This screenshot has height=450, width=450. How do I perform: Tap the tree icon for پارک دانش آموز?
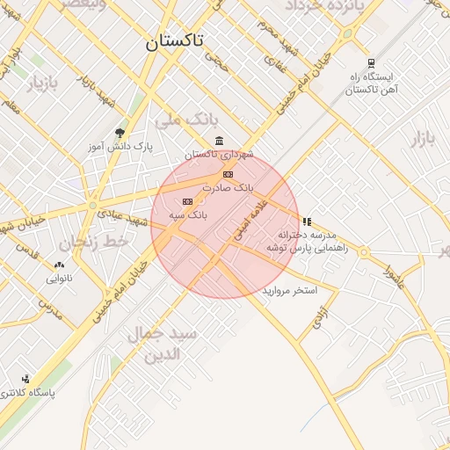tap(120, 133)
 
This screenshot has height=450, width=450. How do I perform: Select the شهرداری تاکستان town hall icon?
tap(219, 142)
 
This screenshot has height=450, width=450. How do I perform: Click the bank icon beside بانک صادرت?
tap(228, 174)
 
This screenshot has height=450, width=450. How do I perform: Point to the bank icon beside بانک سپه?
tap(186, 201)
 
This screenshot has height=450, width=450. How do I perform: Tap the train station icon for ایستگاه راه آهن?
tap(372, 63)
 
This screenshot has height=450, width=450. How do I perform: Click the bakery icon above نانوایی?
tap(59, 265)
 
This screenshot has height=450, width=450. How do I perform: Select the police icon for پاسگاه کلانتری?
tap(25, 379)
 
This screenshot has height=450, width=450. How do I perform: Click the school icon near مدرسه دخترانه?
tap(306, 222)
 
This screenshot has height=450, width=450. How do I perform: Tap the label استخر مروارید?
tap(289, 289)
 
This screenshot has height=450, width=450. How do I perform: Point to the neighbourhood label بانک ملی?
tap(178, 118)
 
